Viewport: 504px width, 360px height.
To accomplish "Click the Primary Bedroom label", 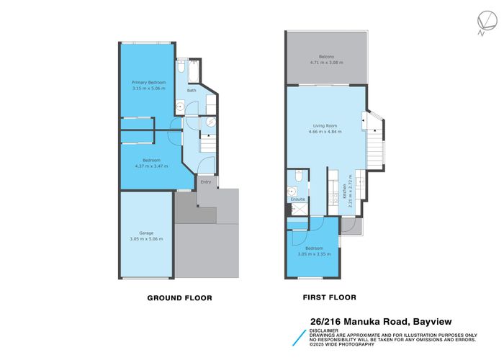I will tap(148, 82).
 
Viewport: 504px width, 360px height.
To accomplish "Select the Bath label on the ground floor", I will tap(192, 91).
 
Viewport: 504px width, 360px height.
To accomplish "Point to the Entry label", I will tap(206, 181).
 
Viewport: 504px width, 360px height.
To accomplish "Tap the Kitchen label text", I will tap(345, 190).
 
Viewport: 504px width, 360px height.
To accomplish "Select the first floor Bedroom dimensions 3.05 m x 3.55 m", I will tap(313, 253).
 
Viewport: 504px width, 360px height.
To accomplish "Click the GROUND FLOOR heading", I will tap(179, 297).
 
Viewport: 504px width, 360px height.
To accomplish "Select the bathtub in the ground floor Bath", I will tap(181, 70).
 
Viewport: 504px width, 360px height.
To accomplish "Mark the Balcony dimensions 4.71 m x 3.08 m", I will tap(326, 63).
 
